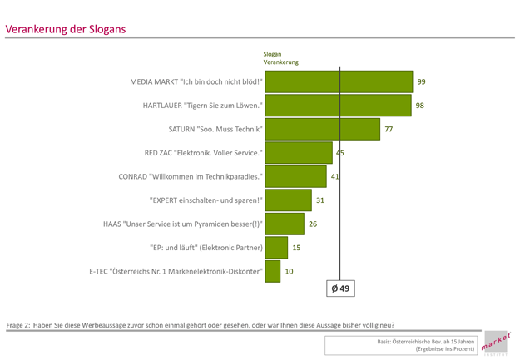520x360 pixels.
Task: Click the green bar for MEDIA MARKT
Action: click(x=339, y=81)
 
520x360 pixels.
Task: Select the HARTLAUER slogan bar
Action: click(x=338, y=106)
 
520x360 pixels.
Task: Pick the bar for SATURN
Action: click(x=323, y=130)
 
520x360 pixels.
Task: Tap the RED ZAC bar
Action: click(x=299, y=153)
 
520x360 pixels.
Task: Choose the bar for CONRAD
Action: click(x=295, y=177)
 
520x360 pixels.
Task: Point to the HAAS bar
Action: click(x=285, y=224)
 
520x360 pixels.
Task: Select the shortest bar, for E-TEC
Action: click(x=272, y=271)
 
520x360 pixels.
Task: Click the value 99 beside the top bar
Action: click(x=422, y=81)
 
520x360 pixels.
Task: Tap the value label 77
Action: click(x=388, y=130)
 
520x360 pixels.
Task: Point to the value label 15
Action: click(x=296, y=248)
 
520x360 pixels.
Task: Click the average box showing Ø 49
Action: click(x=340, y=288)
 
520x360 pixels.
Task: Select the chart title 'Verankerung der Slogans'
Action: click(x=66, y=29)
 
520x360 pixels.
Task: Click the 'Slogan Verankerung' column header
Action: click(x=280, y=58)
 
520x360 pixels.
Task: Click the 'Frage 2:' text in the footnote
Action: click(x=18, y=324)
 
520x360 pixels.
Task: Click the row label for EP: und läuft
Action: click(x=206, y=248)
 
